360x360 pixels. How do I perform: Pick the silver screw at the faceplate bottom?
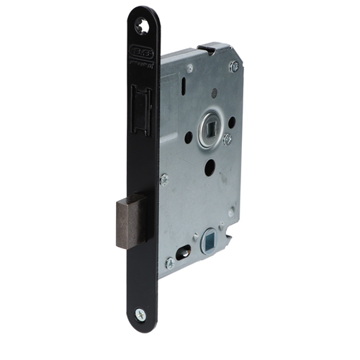click(141, 314)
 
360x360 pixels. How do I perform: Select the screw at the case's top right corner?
click(234, 66)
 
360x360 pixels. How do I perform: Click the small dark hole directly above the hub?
click(214, 92)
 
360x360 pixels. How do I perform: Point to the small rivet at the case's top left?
click(189, 68)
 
